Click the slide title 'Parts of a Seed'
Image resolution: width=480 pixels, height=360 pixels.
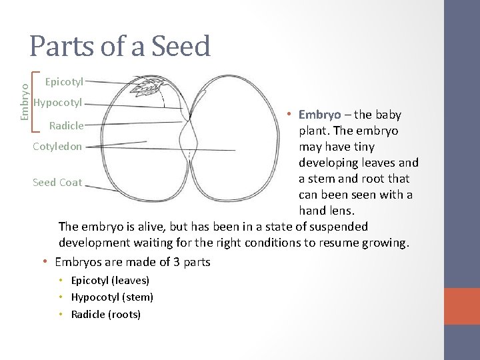(x=120, y=45)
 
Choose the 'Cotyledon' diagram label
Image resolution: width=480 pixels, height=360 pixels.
(x=58, y=145)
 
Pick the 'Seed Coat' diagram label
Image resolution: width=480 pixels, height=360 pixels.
(x=57, y=182)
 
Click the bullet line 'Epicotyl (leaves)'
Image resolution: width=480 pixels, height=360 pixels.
(x=112, y=281)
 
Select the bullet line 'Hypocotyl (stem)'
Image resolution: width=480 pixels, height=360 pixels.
(x=114, y=297)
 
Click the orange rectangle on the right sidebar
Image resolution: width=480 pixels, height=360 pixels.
(x=462, y=307)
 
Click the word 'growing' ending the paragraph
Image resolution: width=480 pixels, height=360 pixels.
(x=384, y=243)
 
